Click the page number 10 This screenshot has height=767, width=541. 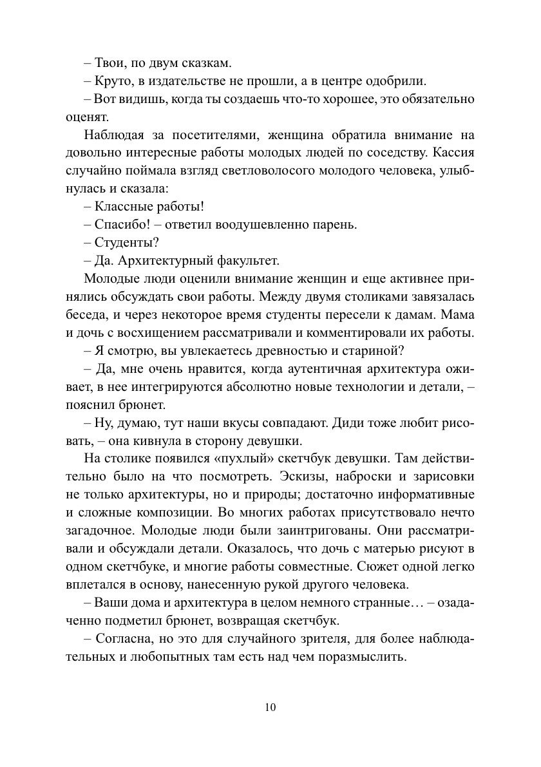coord(270,707)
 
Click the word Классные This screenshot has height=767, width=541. coord(123,207)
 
